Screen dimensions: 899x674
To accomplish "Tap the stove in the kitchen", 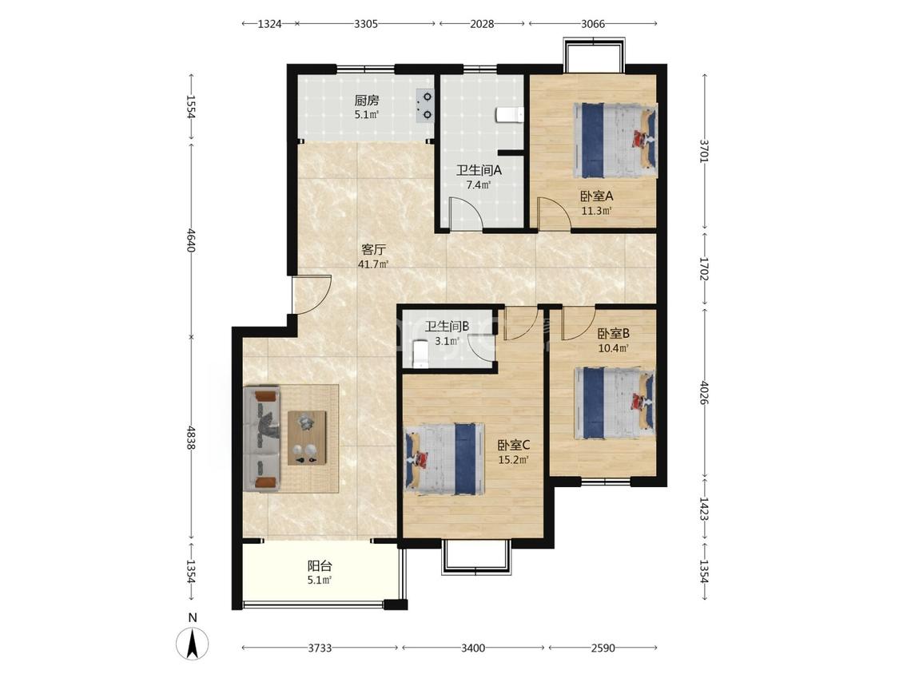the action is pyautogui.click(x=424, y=106).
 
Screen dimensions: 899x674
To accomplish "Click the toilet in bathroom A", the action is pyautogui.click(x=510, y=114).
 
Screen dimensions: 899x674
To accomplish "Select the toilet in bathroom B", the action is pyautogui.click(x=420, y=354).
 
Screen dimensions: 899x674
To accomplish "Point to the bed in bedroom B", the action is pyautogui.click(x=615, y=403).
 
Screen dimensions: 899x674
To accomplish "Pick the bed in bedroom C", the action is pyautogui.click(x=444, y=459).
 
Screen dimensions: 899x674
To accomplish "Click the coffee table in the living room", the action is pyautogui.click(x=308, y=438).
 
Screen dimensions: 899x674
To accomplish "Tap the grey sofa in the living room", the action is pyautogui.click(x=262, y=438).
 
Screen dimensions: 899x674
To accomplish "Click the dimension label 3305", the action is pyautogui.click(x=366, y=24).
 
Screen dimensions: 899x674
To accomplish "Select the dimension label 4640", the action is pyautogui.click(x=191, y=240).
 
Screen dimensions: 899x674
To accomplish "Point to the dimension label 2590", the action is pyautogui.click(x=603, y=648).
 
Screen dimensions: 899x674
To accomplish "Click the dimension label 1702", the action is pyautogui.click(x=705, y=268).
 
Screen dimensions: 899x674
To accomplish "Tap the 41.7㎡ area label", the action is pyautogui.click(x=373, y=264).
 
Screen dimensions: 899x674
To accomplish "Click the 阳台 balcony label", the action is pyautogui.click(x=320, y=566).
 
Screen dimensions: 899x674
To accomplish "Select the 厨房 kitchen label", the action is pyautogui.click(x=366, y=101).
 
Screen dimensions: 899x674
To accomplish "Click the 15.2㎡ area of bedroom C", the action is pyautogui.click(x=513, y=459).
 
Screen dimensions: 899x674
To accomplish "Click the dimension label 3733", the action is pyautogui.click(x=320, y=648).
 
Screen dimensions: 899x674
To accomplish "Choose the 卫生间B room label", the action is pyautogui.click(x=447, y=326).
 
